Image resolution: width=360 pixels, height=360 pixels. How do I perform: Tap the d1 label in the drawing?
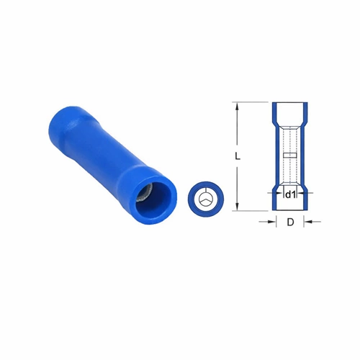[290, 194]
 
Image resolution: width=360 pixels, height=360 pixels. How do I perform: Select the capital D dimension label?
[290, 222]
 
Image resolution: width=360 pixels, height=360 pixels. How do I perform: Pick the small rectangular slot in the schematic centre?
[290, 156]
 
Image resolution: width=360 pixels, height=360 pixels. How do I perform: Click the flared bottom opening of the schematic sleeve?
[290, 205]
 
